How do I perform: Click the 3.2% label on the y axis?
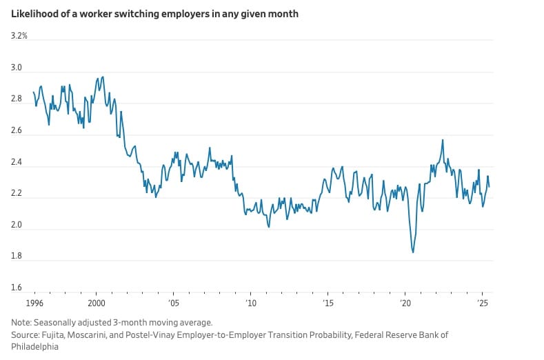point(19,35)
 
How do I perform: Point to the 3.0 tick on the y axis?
point(17,68)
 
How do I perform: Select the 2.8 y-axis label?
point(17,99)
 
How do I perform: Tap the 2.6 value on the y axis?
point(17,131)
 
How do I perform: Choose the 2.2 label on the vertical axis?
point(17,194)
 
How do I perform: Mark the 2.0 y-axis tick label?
point(17,226)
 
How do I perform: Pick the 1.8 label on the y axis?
point(17,257)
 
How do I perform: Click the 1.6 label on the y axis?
point(17,288)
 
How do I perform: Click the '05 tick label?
point(173,303)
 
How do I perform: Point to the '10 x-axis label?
point(250,303)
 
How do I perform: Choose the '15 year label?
point(328,303)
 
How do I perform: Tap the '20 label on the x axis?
point(405,303)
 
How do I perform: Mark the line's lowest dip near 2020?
point(413,252)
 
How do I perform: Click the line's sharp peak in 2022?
point(442,140)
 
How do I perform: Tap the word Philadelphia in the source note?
point(34,347)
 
